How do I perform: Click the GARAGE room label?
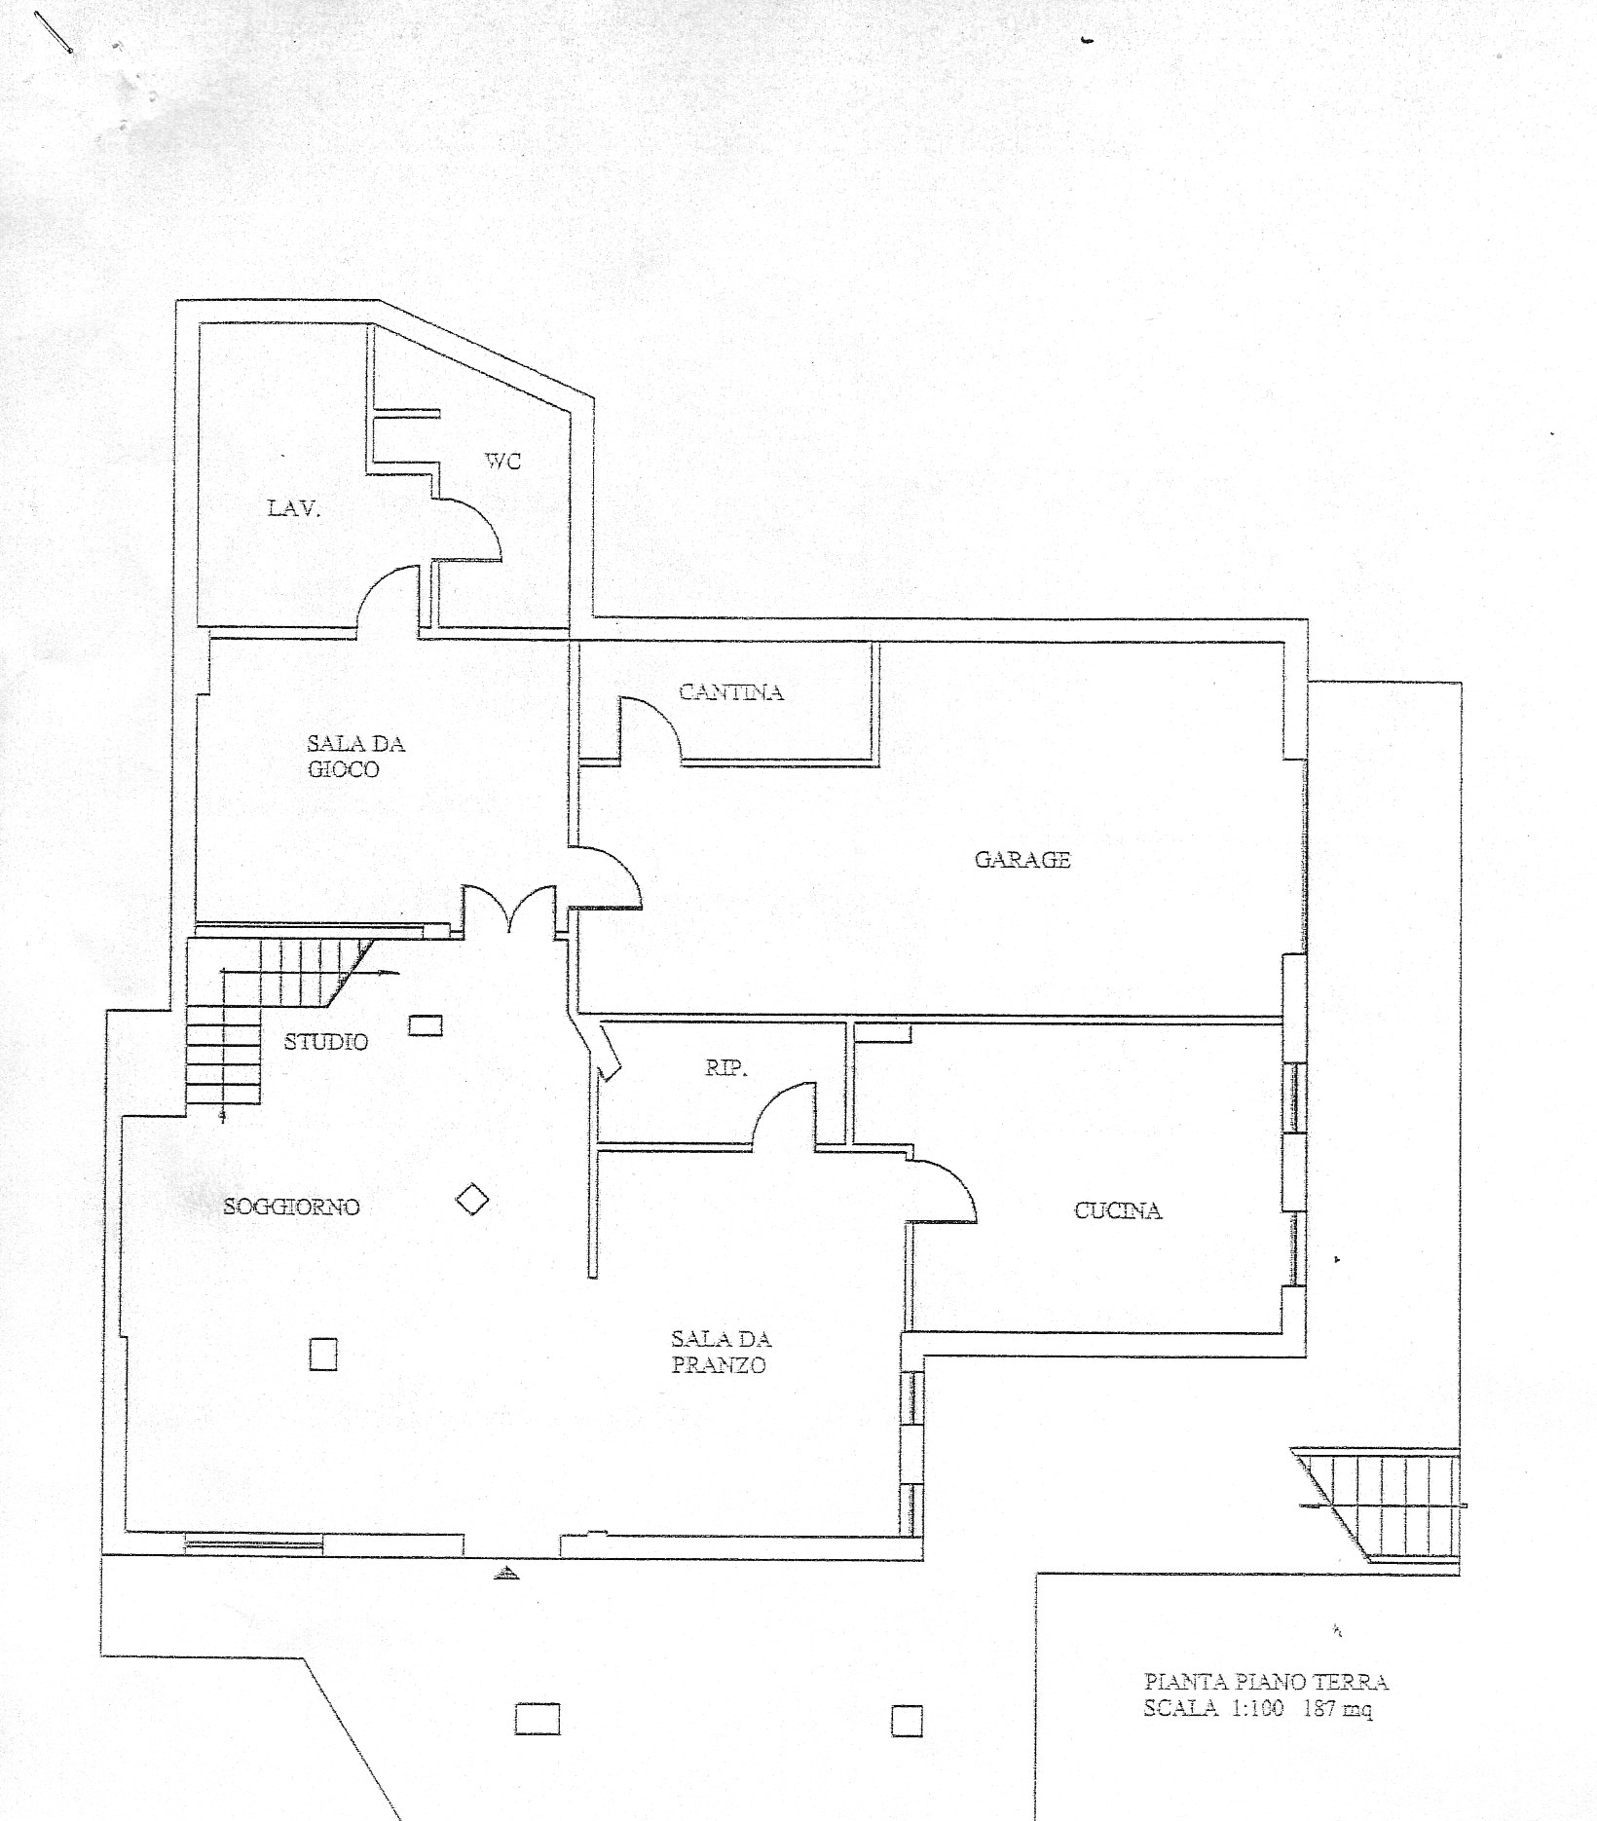tap(1022, 859)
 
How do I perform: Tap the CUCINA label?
tap(1118, 1210)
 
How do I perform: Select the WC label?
tap(503, 461)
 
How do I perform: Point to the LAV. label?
tap(294, 507)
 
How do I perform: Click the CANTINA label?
tap(731, 692)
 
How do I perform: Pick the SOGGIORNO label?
tap(292, 1207)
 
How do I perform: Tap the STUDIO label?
tap(326, 1042)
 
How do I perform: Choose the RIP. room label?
tap(726, 1068)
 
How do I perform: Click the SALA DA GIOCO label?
tap(355, 757)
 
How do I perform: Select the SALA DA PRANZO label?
tap(721, 1353)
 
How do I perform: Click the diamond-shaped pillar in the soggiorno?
tap(472, 1200)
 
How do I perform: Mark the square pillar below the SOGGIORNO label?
tap(323, 1355)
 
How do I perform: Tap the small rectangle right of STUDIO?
tap(425, 1025)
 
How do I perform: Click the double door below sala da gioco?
tap(509, 901)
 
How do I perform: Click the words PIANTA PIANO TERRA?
tap(1266, 1681)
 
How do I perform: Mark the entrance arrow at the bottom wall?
tap(504, 1571)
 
